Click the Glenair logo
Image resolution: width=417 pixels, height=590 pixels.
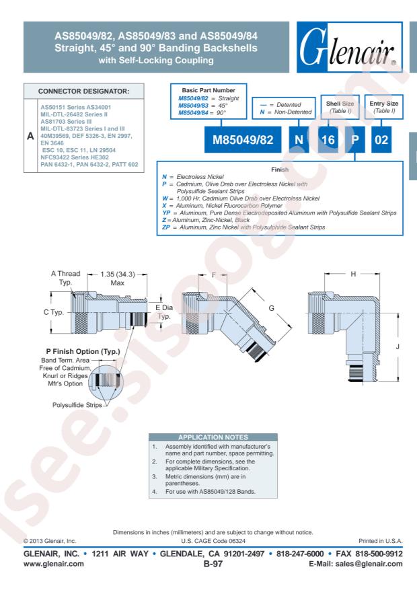coord(349,47)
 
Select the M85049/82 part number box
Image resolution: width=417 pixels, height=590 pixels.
coord(243,140)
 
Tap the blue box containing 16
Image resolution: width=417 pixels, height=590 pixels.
coord(328,140)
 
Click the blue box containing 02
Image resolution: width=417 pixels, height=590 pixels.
coord(381,140)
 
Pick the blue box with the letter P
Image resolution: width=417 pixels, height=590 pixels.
coord(354,140)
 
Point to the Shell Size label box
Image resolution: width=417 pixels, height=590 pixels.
coord(340,107)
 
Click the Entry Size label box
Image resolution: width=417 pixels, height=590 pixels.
coord(383,107)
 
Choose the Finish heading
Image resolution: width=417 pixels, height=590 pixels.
coord(280,170)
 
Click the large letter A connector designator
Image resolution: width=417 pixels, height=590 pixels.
coord(30,136)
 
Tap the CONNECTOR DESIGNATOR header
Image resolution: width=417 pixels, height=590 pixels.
coord(83,91)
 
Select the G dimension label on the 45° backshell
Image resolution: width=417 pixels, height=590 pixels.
coord(271,308)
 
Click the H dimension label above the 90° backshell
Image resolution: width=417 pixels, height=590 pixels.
coord(353,274)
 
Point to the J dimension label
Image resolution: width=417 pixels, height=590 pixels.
coord(397,346)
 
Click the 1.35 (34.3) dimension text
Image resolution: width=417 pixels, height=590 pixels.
coord(117,274)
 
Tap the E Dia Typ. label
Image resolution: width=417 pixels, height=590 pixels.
coord(164,312)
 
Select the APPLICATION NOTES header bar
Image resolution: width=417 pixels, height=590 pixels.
coord(213,437)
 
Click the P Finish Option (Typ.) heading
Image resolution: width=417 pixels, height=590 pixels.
coord(83,351)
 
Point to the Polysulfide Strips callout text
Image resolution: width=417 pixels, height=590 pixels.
coord(77,405)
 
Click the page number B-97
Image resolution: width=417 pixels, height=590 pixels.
coord(213,564)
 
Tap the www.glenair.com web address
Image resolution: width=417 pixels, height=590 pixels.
coord(53,564)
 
